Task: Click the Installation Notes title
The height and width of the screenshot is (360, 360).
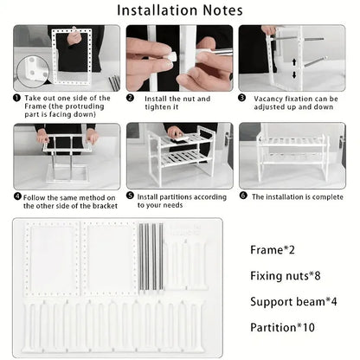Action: pyautogui.click(x=179, y=12)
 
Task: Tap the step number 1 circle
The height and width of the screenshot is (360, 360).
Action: pyautogui.click(x=16, y=98)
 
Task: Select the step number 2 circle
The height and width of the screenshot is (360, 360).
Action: pyautogui.click(x=131, y=98)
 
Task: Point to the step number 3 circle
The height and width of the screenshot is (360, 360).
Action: pyautogui.click(x=244, y=98)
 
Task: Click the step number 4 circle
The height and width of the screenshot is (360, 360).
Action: pyautogui.click(x=16, y=196)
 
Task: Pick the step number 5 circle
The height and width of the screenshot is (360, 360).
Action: pyautogui.click(x=131, y=196)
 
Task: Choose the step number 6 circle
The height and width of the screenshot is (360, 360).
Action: pyautogui.click(x=244, y=196)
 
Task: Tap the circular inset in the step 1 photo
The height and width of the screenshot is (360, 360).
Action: pyautogui.click(x=31, y=69)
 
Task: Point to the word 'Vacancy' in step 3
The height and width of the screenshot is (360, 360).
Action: pyautogui.click(x=270, y=98)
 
